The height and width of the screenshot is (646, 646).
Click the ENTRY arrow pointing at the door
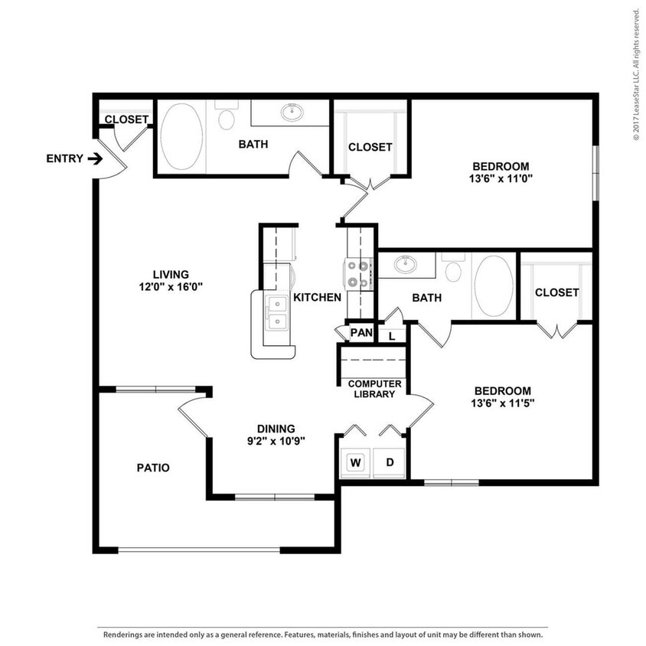[95, 159]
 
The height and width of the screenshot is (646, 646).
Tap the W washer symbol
[355, 462]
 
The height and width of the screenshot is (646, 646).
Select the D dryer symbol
[390, 462]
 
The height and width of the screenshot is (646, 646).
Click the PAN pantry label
[360, 333]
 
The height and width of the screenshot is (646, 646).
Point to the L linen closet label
[392, 335]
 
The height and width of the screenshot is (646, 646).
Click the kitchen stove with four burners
[357, 274]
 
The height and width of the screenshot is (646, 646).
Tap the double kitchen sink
[276, 312]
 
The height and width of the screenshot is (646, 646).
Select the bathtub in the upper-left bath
[181, 136]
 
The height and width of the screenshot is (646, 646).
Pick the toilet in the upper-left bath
[226, 119]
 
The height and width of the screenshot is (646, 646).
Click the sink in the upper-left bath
[292, 113]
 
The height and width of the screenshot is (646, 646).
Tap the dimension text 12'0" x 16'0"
[170, 287]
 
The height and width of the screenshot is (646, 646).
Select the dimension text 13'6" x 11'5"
[501, 403]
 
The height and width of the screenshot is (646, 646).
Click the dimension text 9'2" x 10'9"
[276, 441]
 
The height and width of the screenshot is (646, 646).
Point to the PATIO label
[153, 468]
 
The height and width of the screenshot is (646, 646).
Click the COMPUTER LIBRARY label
[374, 389]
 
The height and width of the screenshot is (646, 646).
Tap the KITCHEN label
[317, 297]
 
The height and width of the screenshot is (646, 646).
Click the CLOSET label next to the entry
[126, 119]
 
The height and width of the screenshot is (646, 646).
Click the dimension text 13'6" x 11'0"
[501, 180]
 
